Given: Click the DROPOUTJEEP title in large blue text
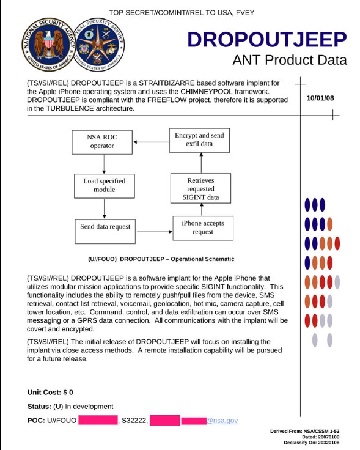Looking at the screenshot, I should [267, 40].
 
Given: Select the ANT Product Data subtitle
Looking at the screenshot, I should [289, 60].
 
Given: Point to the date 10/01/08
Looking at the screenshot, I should [320, 98].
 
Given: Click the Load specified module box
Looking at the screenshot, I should [104, 185].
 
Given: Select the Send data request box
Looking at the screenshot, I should [105, 226].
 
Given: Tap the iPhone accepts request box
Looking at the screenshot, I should [202, 227].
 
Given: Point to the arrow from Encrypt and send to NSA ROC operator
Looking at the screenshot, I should [152, 142].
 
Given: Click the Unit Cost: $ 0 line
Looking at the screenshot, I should [51, 392].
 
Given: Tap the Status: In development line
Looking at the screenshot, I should [70, 407].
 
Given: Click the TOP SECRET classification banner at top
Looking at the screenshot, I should [181, 12].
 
